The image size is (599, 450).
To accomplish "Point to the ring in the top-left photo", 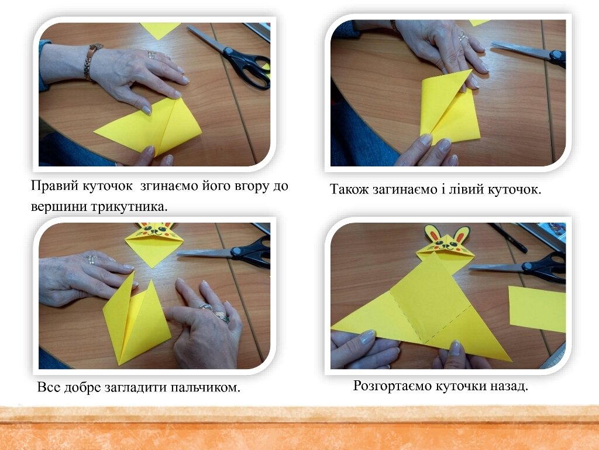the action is [x=152, y=54].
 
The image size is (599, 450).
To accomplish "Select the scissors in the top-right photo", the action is [x=531, y=54].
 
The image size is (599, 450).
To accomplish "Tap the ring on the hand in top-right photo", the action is [x=463, y=36].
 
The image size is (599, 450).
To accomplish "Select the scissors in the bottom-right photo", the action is [x=519, y=267].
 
